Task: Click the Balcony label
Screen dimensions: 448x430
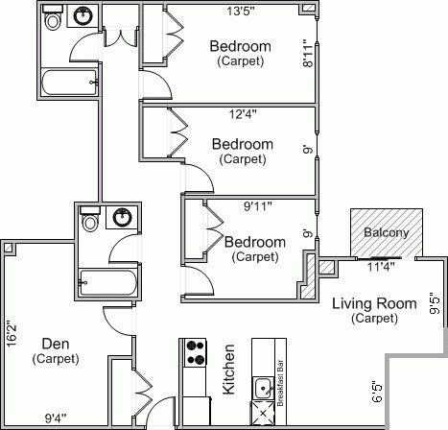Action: coord(387,232)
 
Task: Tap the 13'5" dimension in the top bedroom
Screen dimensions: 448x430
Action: coord(241,12)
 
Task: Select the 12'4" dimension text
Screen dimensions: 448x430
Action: coord(243,113)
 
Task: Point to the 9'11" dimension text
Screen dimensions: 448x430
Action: coord(258,206)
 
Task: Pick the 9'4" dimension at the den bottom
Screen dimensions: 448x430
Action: coord(56,418)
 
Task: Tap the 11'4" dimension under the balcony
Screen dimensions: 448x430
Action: coord(381,266)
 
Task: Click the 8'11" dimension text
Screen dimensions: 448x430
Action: coord(308,53)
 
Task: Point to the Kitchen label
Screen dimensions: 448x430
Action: coord(229,370)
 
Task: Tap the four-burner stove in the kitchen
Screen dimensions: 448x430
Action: coord(196,352)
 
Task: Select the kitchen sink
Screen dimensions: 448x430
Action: coord(264,388)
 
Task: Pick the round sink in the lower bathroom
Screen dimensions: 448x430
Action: coord(123,217)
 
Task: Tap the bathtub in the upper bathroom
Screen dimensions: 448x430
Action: coord(69,83)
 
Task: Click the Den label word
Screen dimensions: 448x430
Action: coord(56,344)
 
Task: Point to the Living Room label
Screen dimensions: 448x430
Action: coord(374,303)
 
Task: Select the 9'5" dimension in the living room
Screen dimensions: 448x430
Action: coord(435,303)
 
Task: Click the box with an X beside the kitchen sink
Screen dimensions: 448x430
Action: coord(263,413)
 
